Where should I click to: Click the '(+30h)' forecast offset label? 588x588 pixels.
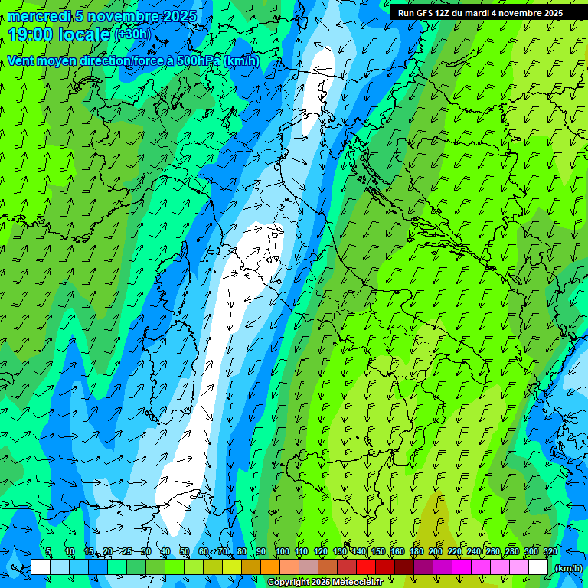(132, 34)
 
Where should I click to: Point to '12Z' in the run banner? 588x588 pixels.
(443, 13)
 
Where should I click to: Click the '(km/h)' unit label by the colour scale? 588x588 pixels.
(568, 567)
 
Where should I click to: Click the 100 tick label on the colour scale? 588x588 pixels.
(282, 552)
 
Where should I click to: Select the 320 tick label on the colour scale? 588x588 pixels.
(550, 552)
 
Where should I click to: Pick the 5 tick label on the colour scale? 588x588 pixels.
(48, 552)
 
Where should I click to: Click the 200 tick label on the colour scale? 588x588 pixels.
(436, 552)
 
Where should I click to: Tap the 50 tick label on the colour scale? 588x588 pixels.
(185, 552)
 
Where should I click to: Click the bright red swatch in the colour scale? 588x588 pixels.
(366, 567)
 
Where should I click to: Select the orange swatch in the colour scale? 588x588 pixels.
(270, 567)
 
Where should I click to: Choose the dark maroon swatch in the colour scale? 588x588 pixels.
(404, 567)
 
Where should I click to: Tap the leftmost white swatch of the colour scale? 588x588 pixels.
(41, 567)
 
